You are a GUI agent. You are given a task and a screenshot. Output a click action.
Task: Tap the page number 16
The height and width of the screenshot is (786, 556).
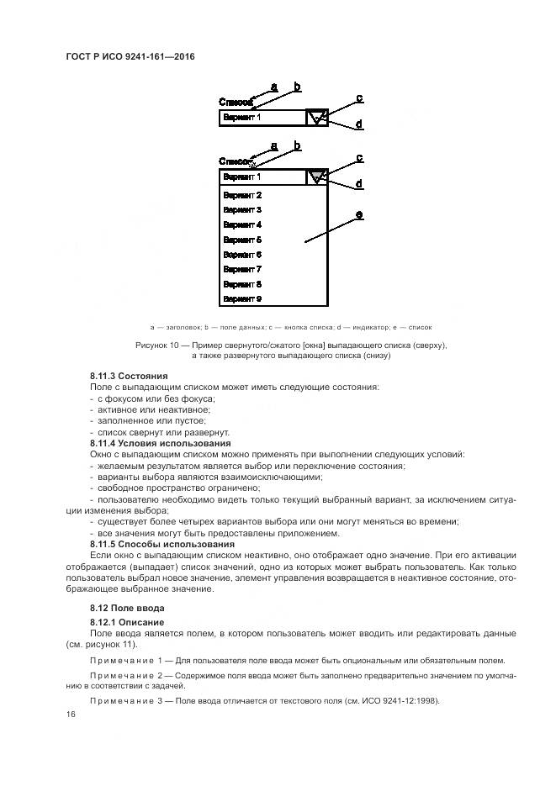pos(70,715)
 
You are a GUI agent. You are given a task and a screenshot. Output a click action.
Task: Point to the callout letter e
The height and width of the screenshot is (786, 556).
pos(359,215)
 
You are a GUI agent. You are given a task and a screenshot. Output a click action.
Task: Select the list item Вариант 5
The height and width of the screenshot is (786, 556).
pos(242,240)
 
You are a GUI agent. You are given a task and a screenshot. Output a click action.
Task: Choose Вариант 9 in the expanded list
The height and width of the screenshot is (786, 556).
pos(242,298)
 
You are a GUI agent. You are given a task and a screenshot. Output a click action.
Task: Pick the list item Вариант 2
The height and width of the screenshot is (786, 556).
pos(242,195)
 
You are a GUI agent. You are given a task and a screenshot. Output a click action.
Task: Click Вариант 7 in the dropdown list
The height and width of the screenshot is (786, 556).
pos(242,269)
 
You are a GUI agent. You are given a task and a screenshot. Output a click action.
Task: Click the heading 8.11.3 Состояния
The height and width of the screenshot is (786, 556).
pos(129,375)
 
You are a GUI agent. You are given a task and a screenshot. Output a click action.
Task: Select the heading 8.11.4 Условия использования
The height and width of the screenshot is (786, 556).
pos(160,443)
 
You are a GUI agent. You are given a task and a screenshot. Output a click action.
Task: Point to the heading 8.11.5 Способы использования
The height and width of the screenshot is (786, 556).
pos(162,545)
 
